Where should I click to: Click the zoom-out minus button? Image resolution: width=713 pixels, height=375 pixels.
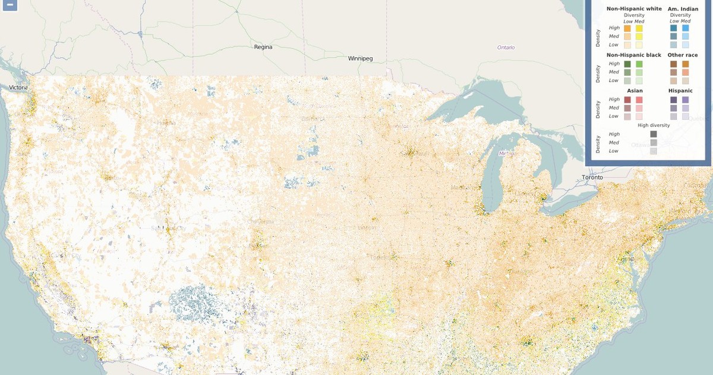[x=10, y=5]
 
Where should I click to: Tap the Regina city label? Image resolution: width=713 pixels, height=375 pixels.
[x=263, y=46]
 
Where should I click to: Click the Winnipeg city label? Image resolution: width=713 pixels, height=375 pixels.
[x=360, y=58]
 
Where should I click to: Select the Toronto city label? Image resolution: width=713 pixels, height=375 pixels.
[x=592, y=177]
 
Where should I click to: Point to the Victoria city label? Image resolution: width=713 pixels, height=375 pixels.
[x=18, y=87]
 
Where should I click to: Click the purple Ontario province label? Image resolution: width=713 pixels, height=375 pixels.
[x=506, y=47]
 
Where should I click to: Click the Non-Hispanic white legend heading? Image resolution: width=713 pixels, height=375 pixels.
[x=634, y=9]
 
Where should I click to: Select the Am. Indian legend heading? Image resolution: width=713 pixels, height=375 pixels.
[x=683, y=9]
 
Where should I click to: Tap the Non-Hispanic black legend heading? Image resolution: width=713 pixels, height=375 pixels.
[x=634, y=55]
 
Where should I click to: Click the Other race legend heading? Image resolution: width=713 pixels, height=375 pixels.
[x=683, y=55]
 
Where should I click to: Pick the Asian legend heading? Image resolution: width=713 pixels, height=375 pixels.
[x=635, y=90]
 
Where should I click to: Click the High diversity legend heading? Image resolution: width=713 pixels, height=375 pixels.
[x=654, y=125]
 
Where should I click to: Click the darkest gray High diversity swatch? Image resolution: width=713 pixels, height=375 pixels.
[x=654, y=135]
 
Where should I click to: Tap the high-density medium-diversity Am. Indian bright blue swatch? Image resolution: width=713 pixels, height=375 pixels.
[x=686, y=28]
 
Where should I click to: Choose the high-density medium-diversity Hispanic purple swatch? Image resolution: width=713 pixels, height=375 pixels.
[x=686, y=99]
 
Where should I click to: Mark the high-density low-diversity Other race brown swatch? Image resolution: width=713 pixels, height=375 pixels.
[x=673, y=64]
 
